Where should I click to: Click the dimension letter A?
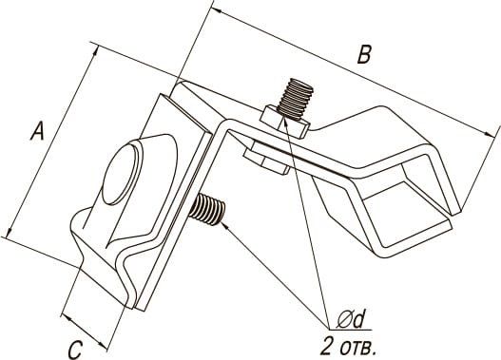tap(38, 130)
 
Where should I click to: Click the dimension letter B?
tap(364, 54)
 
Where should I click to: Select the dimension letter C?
tap(75, 351)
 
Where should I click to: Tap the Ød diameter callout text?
tap(350, 319)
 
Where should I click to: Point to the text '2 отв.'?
tap(348, 347)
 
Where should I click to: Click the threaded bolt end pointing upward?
tap(296, 99)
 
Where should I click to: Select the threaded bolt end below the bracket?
tap(207, 209)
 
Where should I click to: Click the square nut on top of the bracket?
tap(284, 123)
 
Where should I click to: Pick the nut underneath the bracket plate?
tap(266, 159)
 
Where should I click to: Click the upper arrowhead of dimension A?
tap(95, 50)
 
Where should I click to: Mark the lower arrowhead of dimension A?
tap(10, 232)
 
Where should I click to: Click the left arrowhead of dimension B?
tap(218, 10)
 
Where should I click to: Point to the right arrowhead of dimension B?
tap(489, 134)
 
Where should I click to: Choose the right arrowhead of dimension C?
tap(103, 346)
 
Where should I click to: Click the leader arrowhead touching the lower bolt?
tap(225, 226)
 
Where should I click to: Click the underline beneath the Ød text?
tap(351, 330)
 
